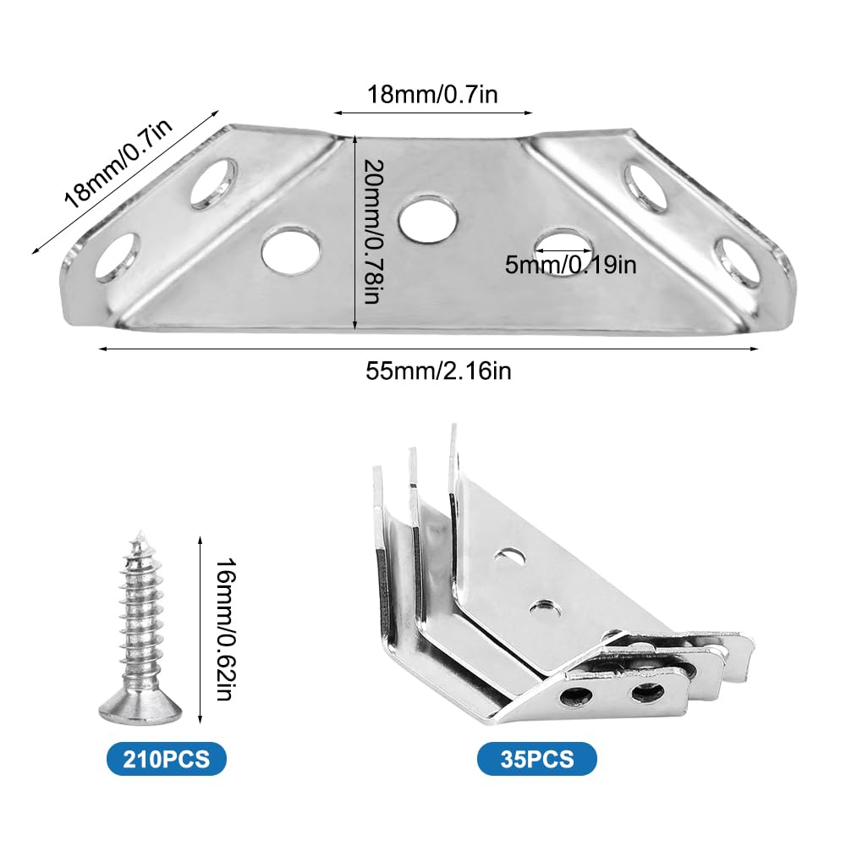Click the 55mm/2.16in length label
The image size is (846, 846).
pyautogui.click(x=438, y=371)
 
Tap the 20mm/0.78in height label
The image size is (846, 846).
pyautogui.click(x=373, y=232)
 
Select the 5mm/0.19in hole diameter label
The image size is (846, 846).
pyautogui.click(x=570, y=265)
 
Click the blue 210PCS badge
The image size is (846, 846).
pyautogui.click(x=166, y=759)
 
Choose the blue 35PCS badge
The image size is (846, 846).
pyautogui.click(x=537, y=759)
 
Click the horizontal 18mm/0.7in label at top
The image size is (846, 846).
pyautogui.click(x=432, y=95)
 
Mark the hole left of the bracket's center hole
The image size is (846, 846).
pyautogui.click(x=291, y=251)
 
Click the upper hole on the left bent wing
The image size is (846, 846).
pyautogui.click(x=214, y=184)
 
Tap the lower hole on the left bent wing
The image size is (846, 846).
pyautogui.click(x=118, y=258)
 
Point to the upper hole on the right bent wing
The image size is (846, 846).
pyautogui.click(x=645, y=189)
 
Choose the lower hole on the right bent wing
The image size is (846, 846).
pyautogui.click(x=737, y=261)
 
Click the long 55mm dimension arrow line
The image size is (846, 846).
pyautogui.click(x=428, y=349)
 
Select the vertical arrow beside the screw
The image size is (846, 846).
pyautogui.click(x=201, y=629)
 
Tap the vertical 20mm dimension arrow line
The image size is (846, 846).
pyautogui.click(x=354, y=232)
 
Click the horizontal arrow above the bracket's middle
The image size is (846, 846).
pyautogui.click(x=432, y=113)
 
